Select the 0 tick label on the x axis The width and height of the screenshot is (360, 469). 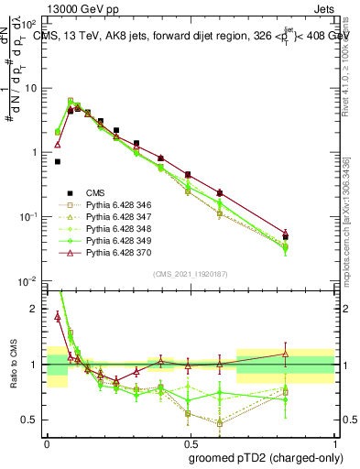point(46,443)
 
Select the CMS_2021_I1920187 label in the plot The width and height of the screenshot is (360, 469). point(191,274)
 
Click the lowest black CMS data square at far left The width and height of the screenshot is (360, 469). point(58,161)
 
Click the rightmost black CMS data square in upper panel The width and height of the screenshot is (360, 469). point(286,237)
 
